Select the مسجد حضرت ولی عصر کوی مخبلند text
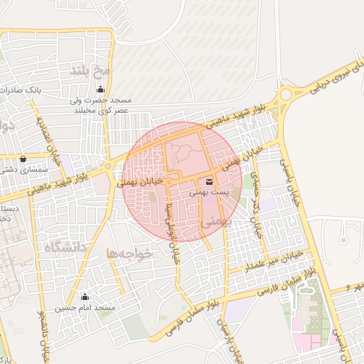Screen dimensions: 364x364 pos(101,105)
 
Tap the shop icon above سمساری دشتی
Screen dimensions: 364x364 pos(23,159)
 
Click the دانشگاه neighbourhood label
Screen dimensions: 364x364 pos(65,248)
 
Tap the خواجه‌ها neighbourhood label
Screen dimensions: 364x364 pos(129,253)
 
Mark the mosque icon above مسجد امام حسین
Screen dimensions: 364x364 pos(86,296)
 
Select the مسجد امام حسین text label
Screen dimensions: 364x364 pos(87,308)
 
